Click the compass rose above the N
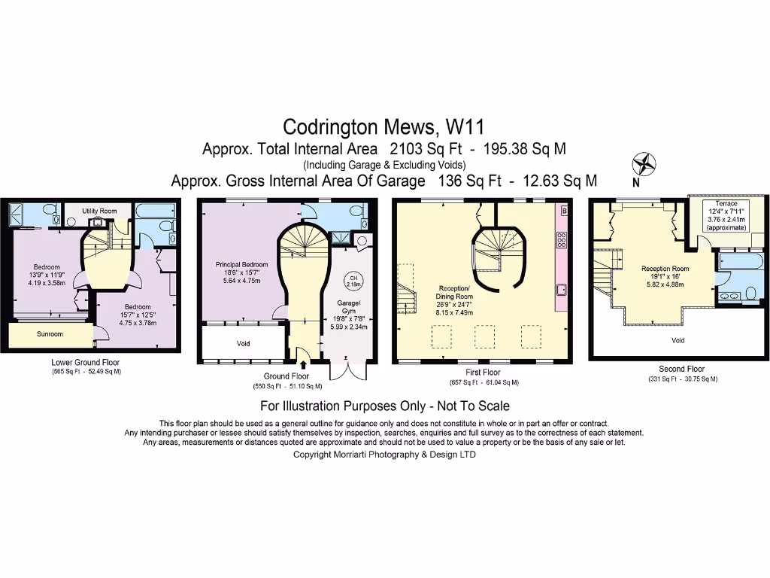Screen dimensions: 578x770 644,163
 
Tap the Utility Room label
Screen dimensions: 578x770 99,211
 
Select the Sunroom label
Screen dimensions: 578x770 50,333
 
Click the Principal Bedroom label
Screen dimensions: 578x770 241,264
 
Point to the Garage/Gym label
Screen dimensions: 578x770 348,306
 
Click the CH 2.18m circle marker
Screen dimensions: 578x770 352,282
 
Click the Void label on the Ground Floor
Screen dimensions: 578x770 243,344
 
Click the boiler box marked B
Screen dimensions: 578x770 564,211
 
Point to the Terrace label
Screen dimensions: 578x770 726,204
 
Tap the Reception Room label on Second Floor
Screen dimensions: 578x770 665,269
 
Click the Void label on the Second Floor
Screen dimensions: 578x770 678,339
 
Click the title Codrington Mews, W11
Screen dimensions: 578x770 384,125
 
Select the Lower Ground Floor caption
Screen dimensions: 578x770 85,362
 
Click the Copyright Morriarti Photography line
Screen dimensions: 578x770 384,455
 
